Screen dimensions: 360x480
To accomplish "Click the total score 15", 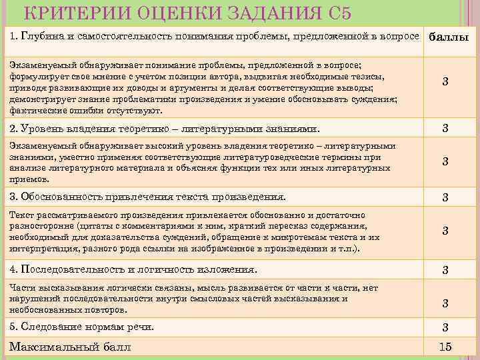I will pos(445,347).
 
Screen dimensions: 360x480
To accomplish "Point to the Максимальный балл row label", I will pos(70,347).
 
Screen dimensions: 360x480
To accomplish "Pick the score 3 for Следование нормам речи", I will pos(445,327).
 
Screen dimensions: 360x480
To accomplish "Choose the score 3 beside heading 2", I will pos(445,128).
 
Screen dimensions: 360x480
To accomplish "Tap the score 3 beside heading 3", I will pos(445,197).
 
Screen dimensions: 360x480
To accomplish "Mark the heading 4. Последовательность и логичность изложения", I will pos(133,269).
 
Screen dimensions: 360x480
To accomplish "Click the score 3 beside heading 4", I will pos(445,270).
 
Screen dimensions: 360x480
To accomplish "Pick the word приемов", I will pos(30,179).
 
